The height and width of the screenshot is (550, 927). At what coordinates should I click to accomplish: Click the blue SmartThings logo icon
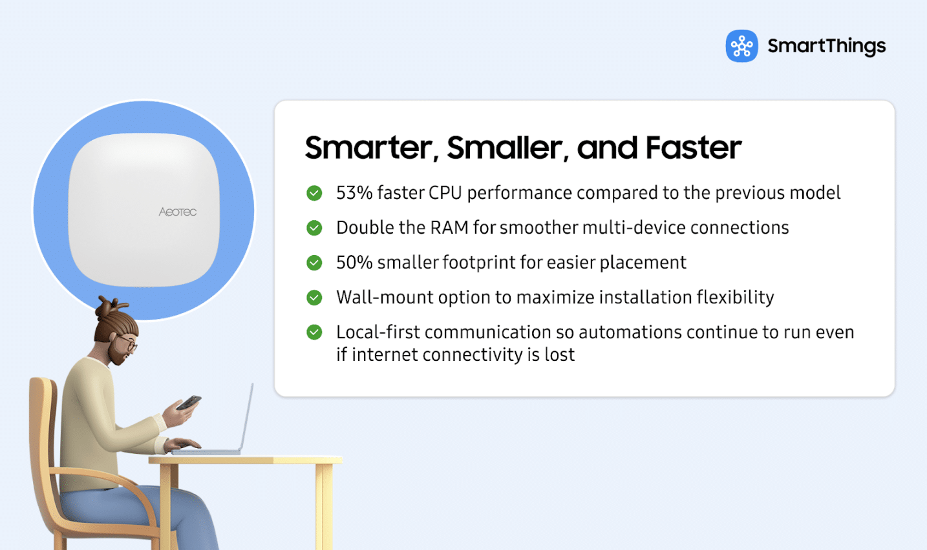click(x=741, y=46)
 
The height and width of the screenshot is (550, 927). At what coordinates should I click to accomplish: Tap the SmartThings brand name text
click(x=827, y=46)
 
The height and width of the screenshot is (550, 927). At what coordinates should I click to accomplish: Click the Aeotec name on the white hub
click(x=178, y=212)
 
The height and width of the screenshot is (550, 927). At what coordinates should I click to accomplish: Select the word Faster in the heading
click(x=694, y=148)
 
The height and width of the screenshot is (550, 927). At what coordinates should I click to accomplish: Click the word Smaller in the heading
click(x=505, y=148)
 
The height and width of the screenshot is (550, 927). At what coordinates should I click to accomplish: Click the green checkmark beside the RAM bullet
click(x=314, y=228)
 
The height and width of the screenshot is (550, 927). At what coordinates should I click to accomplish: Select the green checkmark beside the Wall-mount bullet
click(x=314, y=297)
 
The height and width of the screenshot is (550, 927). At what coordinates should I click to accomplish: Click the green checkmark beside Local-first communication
click(x=314, y=332)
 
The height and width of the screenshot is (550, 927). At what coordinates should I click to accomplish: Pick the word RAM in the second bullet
click(x=449, y=228)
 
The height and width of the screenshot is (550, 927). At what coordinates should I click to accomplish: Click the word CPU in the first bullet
click(x=445, y=193)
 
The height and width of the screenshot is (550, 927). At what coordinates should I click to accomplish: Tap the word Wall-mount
click(x=385, y=297)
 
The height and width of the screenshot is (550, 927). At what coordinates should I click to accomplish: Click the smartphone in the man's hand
click(x=189, y=402)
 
